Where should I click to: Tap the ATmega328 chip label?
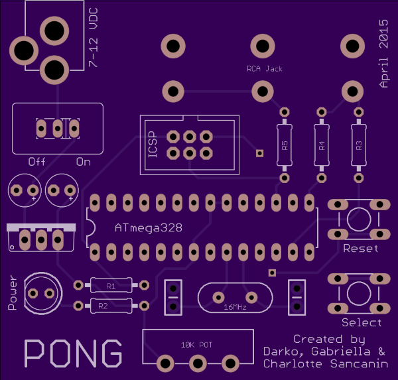point(149,227)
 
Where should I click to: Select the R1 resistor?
point(111,286)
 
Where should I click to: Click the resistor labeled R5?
point(284,145)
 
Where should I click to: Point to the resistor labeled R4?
point(322,145)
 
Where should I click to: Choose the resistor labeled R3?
point(359,145)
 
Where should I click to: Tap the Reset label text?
point(361,249)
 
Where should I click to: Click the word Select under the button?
point(362,323)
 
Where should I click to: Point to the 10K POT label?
point(197,345)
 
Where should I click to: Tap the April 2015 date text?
point(383,53)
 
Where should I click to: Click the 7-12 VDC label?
point(94,40)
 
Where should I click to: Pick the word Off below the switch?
point(37,162)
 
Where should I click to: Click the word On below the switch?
point(83,162)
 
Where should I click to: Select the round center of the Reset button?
point(359,218)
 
